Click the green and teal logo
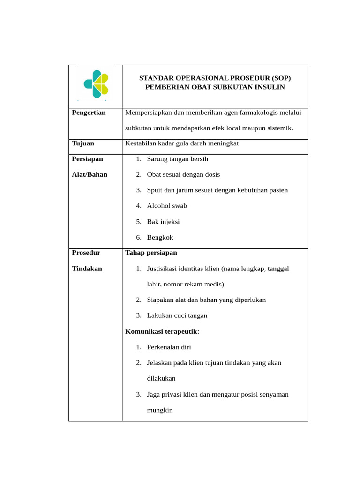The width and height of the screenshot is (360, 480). click(x=96, y=84)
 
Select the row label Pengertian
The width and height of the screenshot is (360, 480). click(x=89, y=112)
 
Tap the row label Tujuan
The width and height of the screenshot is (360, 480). click(x=83, y=143)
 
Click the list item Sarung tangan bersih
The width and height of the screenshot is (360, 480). click(x=177, y=159)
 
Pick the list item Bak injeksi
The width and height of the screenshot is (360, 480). click(x=163, y=222)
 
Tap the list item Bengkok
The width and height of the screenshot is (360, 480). click(x=160, y=237)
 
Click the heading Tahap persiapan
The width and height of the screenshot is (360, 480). click(x=151, y=253)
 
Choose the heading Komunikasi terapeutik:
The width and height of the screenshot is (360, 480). click(x=162, y=331)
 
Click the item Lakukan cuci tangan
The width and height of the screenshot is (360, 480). click(x=177, y=315)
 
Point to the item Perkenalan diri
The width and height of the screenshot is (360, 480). click(x=169, y=347)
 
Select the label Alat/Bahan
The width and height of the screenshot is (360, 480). click(x=90, y=174)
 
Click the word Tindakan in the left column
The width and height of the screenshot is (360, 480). click(x=87, y=269)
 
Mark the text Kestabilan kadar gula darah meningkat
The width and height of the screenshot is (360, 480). click(x=182, y=143)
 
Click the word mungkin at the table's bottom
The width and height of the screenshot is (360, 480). click(x=160, y=410)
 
